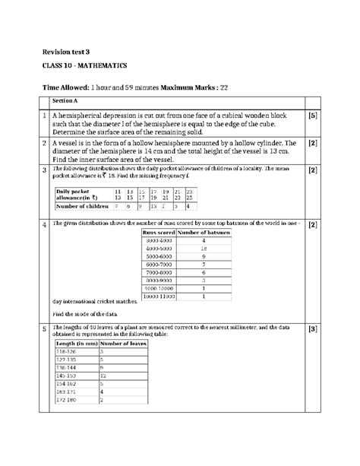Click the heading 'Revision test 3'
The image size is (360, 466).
click(68, 51)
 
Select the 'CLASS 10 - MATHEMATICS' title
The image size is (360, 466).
click(85, 67)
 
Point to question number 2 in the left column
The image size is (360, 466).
click(45, 143)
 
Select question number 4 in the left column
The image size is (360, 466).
click(45, 226)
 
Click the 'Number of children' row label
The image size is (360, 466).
click(81, 206)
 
